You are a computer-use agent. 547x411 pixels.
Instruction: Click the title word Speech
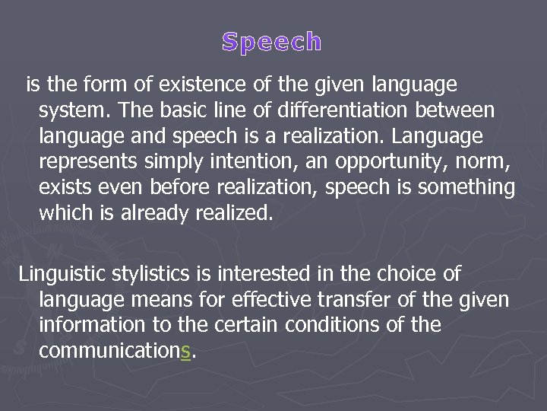click(272, 42)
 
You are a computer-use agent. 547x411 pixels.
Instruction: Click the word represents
click(88, 162)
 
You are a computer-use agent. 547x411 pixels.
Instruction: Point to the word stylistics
click(151, 273)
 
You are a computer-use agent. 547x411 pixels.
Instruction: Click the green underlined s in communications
click(185, 351)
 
